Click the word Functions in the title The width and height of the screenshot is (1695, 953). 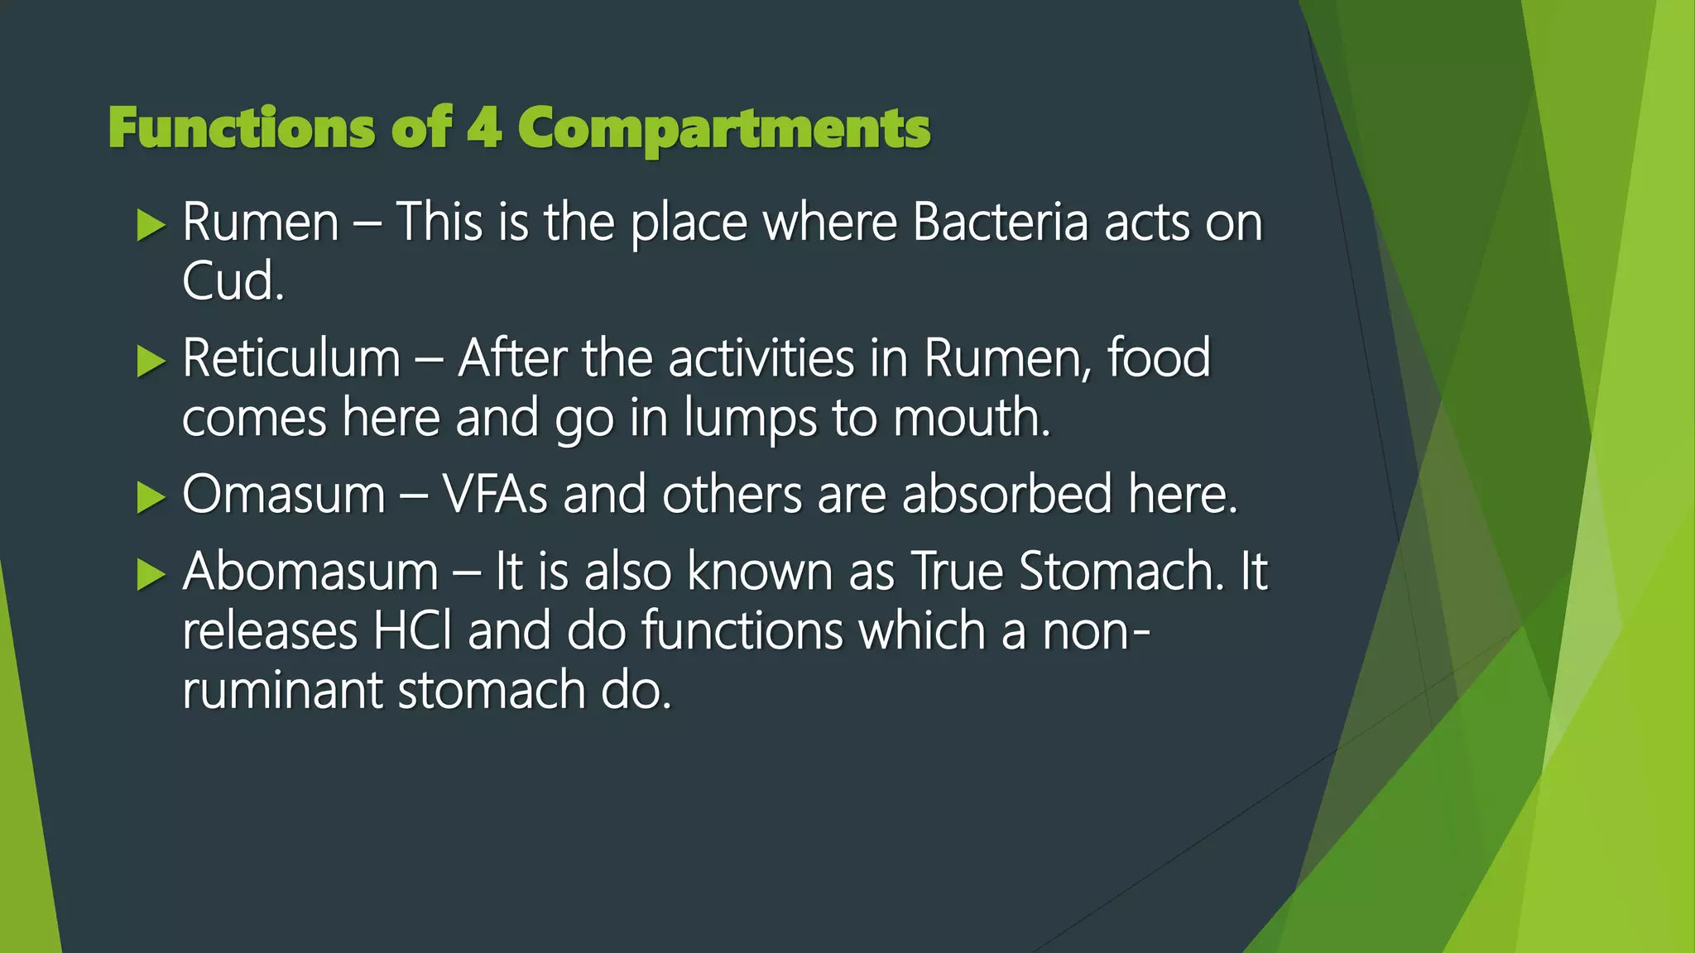pyautogui.click(x=240, y=129)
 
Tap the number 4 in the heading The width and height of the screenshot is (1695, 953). pyautogui.click(x=484, y=129)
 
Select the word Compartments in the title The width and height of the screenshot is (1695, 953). pyautogui.click(x=723, y=131)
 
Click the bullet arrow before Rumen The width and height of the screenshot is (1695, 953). pyautogui.click(x=151, y=225)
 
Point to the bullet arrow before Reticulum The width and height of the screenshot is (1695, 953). pyautogui.click(x=151, y=361)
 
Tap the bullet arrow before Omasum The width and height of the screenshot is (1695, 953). pyautogui.click(x=151, y=496)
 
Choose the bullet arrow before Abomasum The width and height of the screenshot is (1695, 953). pyautogui.click(x=151, y=573)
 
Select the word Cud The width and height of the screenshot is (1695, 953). pyautogui.click(x=233, y=282)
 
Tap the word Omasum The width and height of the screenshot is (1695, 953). pyautogui.click(x=284, y=496)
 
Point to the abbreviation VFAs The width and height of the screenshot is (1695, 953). pyautogui.click(x=495, y=496)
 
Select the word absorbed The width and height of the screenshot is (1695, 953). pyautogui.click(x=1006, y=495)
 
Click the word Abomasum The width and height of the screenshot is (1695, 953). pyautogui.click(x=310, y=572)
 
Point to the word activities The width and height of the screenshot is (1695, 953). pyautogui.click(x=761, y=359)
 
